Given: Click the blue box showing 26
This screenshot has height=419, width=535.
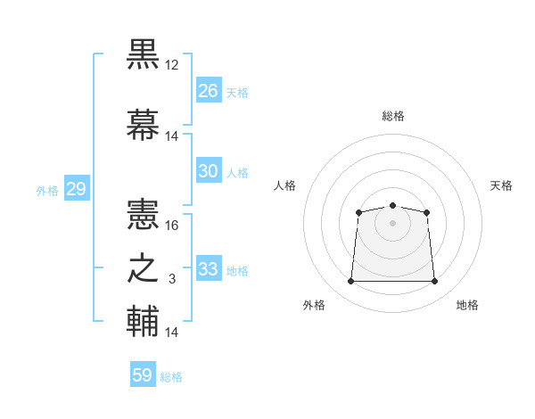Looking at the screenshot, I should click(209, 91).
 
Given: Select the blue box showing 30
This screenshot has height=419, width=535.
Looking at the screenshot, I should click(209, 171).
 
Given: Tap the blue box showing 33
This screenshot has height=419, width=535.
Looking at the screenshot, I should click(209, 269).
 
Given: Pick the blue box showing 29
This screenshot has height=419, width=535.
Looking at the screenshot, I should click(76, 189).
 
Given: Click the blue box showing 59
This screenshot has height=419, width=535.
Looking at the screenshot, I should click(143, 375).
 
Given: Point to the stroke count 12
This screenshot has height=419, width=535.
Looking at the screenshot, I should click(172, 66).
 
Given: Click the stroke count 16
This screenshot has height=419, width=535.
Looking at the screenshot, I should click(172, 226).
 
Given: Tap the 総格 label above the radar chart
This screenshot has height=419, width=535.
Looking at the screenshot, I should click(392, 116).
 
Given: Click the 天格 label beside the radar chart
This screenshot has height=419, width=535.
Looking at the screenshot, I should click(501, 185).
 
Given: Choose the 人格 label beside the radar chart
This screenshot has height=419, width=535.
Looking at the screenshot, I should click(284, 185).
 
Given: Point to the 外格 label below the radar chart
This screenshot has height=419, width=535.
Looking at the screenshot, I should click(314, 306).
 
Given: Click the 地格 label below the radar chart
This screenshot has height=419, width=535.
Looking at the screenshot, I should click(467, 306).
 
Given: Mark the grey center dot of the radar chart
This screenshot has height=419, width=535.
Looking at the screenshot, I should click(392, 222).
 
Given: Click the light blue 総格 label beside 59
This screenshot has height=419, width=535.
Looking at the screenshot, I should click(171, 377).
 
